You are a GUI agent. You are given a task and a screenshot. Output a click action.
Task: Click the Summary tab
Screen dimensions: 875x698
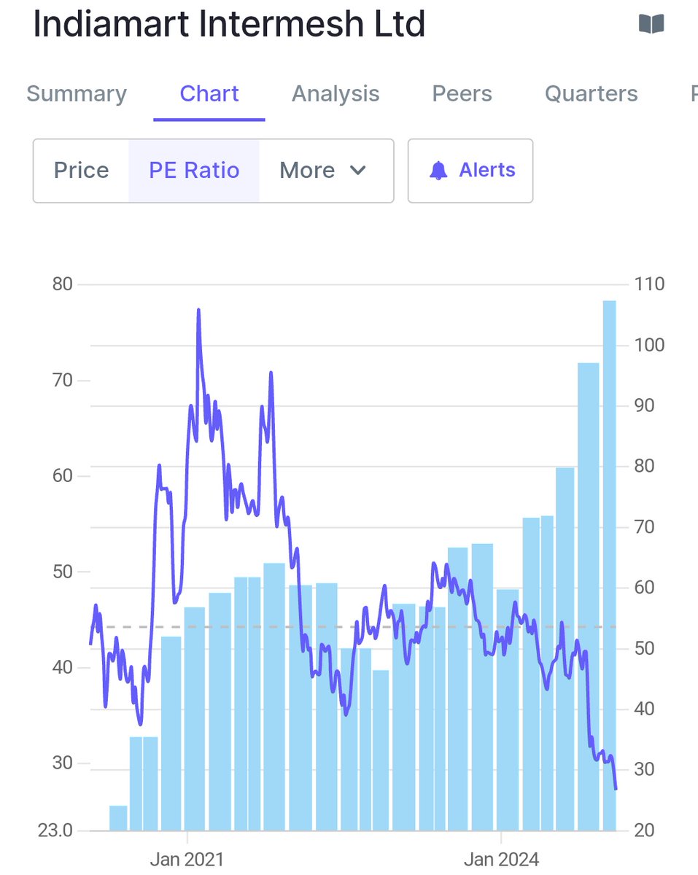[x=77, y=94]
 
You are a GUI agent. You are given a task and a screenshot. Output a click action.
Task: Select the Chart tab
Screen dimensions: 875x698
[x=209, y=94]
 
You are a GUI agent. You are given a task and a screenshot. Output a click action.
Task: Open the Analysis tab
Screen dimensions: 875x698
[x=336, y=94]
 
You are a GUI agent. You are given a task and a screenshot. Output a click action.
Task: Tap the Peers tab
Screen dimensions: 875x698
[x=462, y=94]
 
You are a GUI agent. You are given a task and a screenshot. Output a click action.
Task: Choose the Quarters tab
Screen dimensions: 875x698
[x=591, y=94]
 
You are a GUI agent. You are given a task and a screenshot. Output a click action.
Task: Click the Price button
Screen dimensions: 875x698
[x=81, y=171]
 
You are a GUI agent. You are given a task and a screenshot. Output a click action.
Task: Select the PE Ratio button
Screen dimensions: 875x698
[x=194, y=171]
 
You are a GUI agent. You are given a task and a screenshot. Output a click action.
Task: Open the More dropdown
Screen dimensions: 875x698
[x=322, y=171]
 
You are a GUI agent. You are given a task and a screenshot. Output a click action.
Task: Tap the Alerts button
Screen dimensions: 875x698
[x=470, y=171]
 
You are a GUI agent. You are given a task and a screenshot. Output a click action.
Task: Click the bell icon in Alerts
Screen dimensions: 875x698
[x=438, y=171]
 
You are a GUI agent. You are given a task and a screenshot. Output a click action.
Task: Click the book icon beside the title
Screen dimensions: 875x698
[x=651, y=25]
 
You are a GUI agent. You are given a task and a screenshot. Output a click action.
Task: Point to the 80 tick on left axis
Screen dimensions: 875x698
[x=63, y=284]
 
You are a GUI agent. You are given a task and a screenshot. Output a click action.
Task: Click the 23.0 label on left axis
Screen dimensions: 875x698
[x=57, y=831]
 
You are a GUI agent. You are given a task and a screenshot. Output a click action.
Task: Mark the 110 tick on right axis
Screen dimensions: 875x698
[x=649, y=284]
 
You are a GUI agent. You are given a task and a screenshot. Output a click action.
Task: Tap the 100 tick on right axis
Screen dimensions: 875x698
[x=649, y=345]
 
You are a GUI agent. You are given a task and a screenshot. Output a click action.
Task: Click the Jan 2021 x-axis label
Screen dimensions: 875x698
[x=187, y=859]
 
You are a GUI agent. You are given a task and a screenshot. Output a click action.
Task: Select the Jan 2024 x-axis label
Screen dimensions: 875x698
[x=501, y=859]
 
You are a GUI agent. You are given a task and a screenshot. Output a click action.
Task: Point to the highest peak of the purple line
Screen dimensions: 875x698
[x=198, y=311]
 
